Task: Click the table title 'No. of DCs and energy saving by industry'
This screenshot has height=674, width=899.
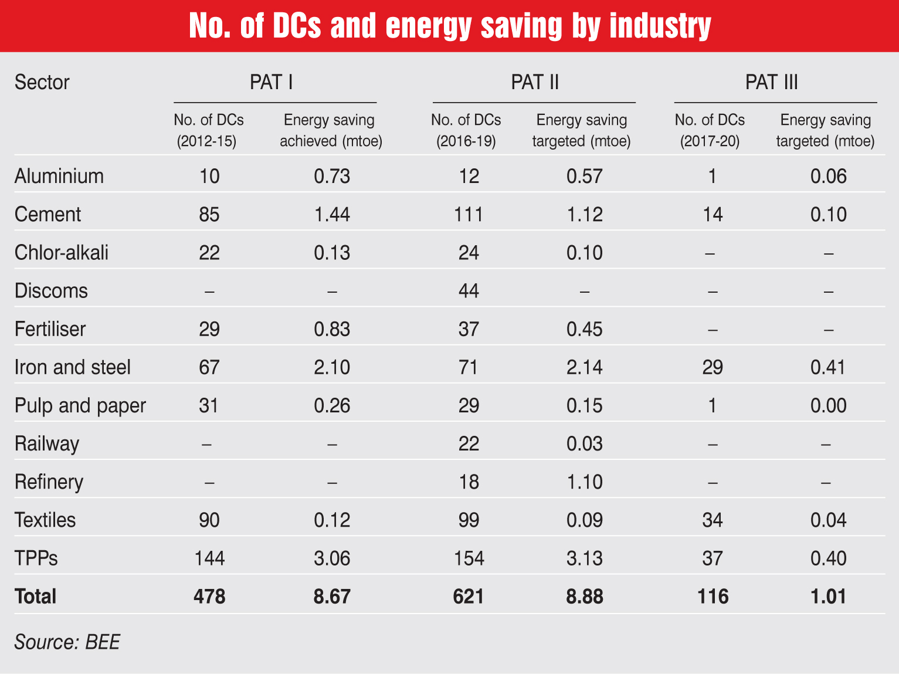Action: coord(450,26)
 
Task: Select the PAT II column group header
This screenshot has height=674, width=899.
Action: coord(534,82)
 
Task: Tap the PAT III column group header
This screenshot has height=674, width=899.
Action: coord(771,82)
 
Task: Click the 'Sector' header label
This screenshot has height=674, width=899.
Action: coord(42,83)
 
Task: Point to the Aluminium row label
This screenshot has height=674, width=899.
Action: coord(59,176)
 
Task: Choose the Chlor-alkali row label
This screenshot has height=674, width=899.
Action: coord(62,253)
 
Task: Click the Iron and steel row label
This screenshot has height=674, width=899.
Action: coord(73,367)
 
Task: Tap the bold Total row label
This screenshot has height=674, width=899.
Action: coord(35,597)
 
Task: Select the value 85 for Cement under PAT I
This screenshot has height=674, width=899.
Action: coord(209,215)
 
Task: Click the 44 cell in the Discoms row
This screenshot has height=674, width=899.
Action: coord(469,291)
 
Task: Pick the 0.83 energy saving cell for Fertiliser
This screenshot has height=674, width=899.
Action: coord(332,329)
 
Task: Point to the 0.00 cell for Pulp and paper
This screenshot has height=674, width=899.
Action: coord(828,406)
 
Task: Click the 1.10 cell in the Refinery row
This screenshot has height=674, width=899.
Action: coord(584,482)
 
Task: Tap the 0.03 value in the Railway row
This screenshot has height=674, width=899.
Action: coord(584,444)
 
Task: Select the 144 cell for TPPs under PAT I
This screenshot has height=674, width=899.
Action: coord(209,558)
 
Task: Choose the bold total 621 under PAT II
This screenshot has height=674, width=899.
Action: coord(469,597)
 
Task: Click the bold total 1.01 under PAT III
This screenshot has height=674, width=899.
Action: coord(828,597)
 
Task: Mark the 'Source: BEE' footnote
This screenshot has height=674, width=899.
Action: coord(67,642)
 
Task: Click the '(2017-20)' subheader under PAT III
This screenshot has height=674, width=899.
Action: coord(710,141)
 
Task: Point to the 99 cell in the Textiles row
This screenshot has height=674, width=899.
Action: coord(469,520)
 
